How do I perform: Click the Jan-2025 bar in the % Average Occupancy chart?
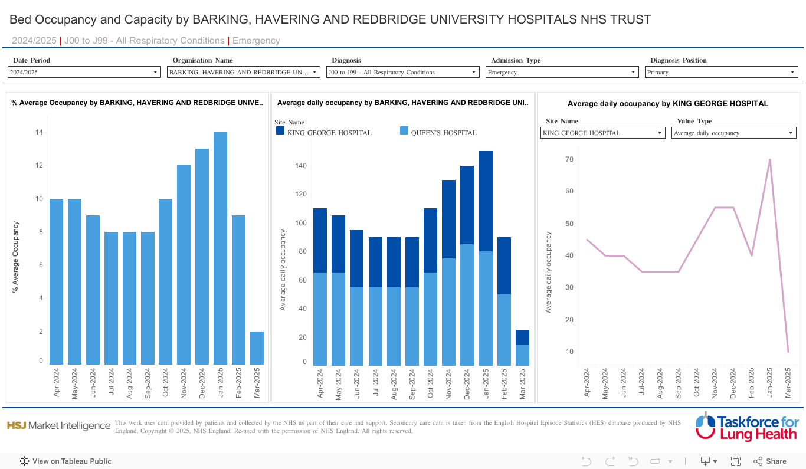(221, 248)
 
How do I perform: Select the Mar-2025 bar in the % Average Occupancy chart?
(257, 348)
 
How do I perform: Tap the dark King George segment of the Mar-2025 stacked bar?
(522, 337)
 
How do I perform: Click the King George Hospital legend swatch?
(280, 131)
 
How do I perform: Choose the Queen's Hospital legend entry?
(444, 133)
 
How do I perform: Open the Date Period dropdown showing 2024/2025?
(84, 72)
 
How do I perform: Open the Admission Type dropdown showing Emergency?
(562, 72)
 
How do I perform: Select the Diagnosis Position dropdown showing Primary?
(721, 72)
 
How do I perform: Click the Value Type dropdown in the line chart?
(734, 133)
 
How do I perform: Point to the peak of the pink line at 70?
(769, 159)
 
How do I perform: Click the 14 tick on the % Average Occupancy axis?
(39, 132)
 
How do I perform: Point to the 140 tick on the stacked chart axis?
(301, 166)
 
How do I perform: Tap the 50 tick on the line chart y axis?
(569, 224)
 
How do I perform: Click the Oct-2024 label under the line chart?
(697, 383)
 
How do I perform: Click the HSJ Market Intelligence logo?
(58, 425)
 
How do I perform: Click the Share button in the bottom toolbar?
(770, 461)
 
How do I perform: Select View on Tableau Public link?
(65, 461)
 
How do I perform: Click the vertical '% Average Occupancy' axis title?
(16, 257)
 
